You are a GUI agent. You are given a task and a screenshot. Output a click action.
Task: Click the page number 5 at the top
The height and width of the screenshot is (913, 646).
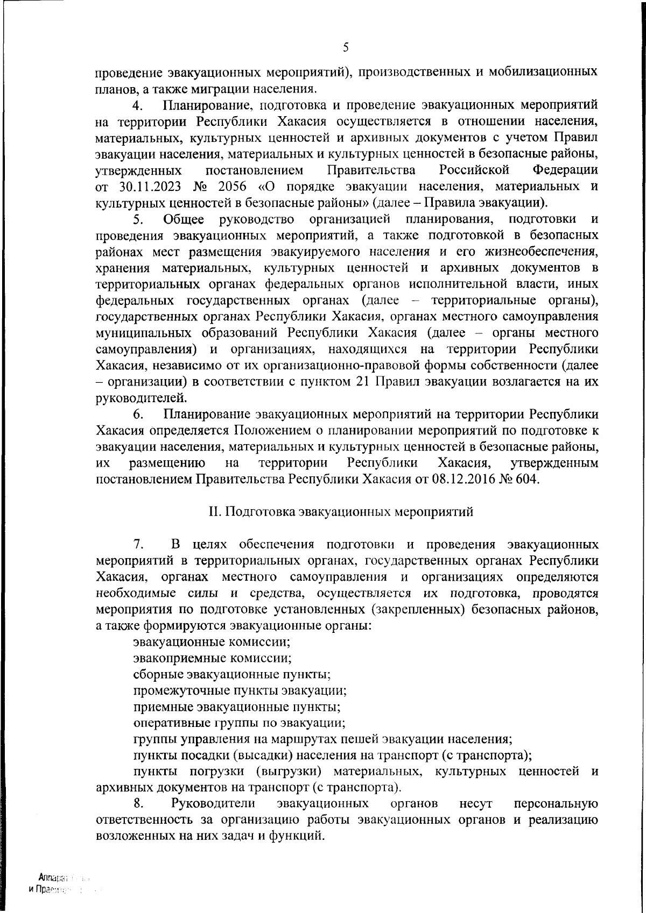[x=346, y=47]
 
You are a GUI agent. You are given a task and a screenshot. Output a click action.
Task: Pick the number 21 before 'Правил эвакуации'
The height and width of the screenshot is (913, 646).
[x=362, y=382]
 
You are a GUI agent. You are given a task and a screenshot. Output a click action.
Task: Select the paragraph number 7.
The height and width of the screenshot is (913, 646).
[x=138, y=544]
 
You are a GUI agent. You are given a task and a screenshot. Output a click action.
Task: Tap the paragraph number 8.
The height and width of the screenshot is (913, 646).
[x=138, y=804]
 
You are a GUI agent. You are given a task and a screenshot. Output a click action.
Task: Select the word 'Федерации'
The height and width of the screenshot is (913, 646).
[x=565, y=170]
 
